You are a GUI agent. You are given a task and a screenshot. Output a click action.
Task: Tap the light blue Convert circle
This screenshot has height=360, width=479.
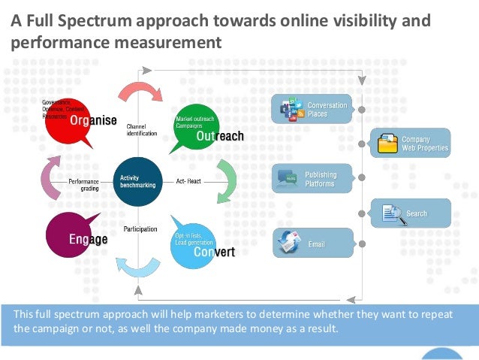coord(197,242)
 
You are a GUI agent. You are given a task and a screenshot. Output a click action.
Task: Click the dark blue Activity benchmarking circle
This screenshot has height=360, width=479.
coord(137,182)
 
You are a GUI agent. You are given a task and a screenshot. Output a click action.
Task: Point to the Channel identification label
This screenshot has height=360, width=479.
coord(141,130)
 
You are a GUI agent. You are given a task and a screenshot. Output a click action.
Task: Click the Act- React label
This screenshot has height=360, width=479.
coord(189,182)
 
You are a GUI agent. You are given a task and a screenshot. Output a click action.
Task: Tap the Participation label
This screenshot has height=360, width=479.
coord(140,228)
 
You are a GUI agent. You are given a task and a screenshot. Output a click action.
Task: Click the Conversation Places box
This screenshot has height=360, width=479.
coord(312,110)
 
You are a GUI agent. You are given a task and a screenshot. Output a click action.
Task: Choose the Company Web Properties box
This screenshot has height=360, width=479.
coord(411,143)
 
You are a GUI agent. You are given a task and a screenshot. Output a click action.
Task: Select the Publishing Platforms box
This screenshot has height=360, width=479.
coord(312,179)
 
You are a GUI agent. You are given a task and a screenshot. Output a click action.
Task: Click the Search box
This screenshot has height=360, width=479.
coord(411,213)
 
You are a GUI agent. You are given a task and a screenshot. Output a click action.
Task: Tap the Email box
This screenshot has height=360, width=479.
coord(312,244)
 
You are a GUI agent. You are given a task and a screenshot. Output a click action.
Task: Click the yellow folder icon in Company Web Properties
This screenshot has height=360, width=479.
coord(387,144)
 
